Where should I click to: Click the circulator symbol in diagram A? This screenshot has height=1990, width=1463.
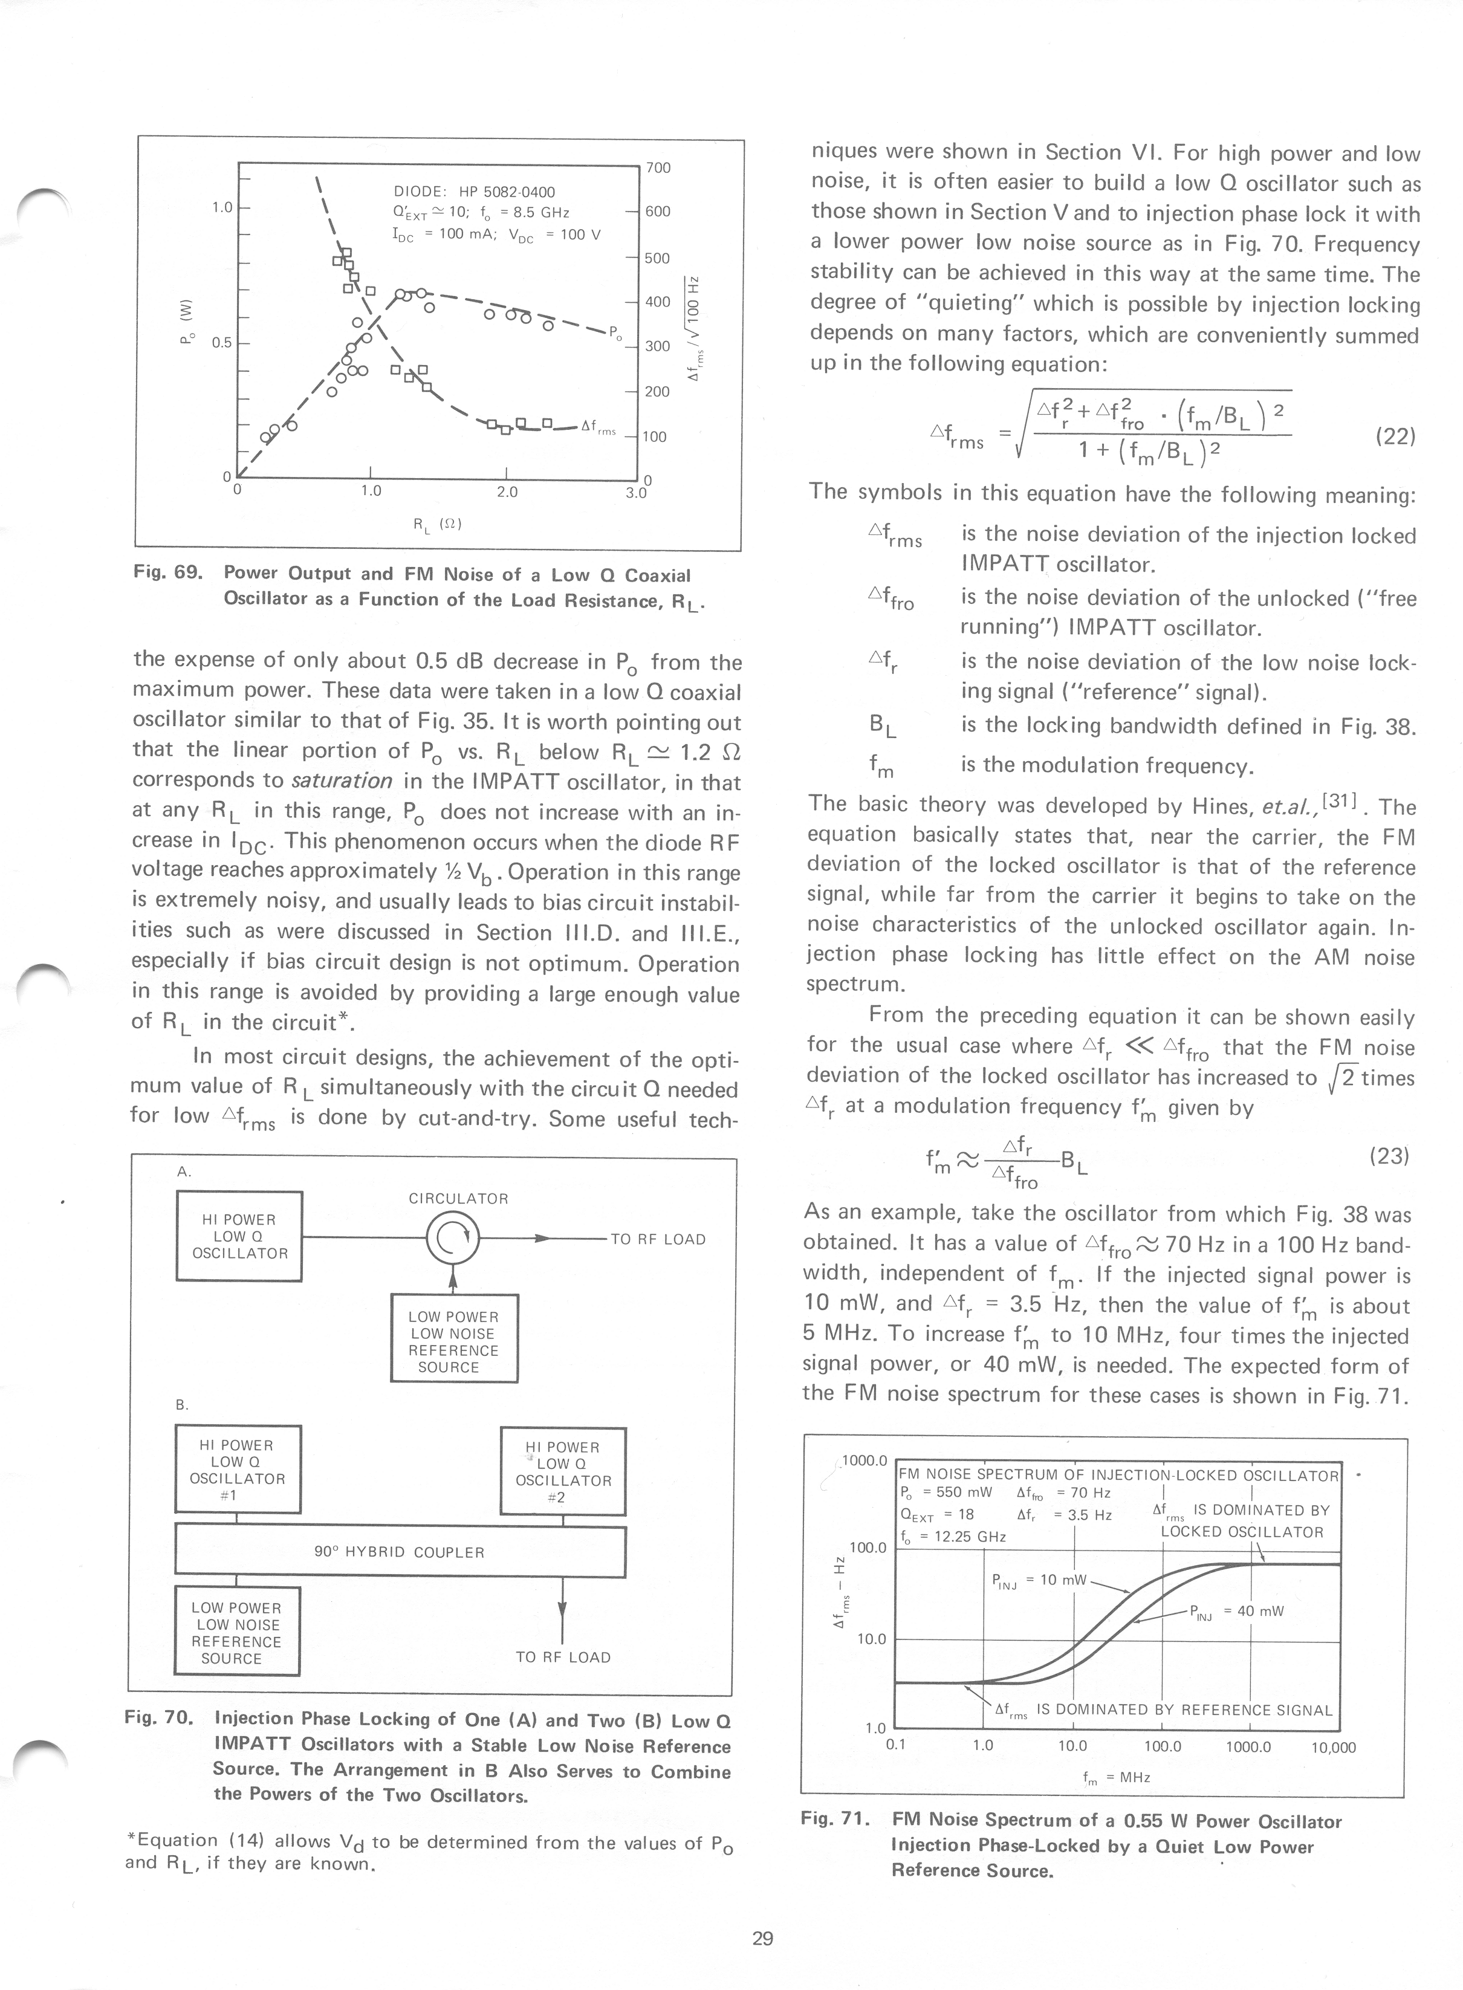453,1239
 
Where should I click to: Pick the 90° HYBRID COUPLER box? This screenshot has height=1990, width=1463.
400,1552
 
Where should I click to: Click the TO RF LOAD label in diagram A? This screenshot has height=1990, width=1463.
658,1240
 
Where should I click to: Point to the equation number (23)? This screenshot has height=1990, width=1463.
1389,1156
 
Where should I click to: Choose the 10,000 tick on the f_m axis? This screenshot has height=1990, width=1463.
1333,1748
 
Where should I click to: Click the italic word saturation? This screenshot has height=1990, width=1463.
342,781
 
